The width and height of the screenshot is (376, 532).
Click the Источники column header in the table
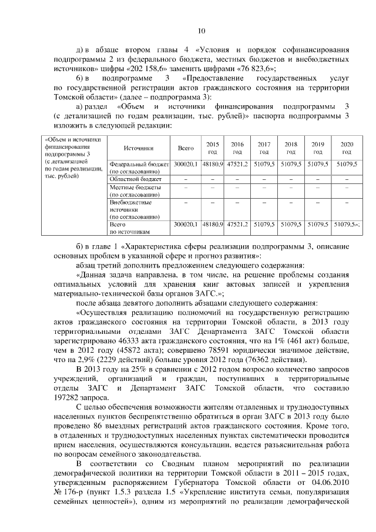pyautogui.click(x=139, y=149)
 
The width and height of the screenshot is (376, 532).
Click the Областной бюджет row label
pyautogui.click(x=136, y=178)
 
